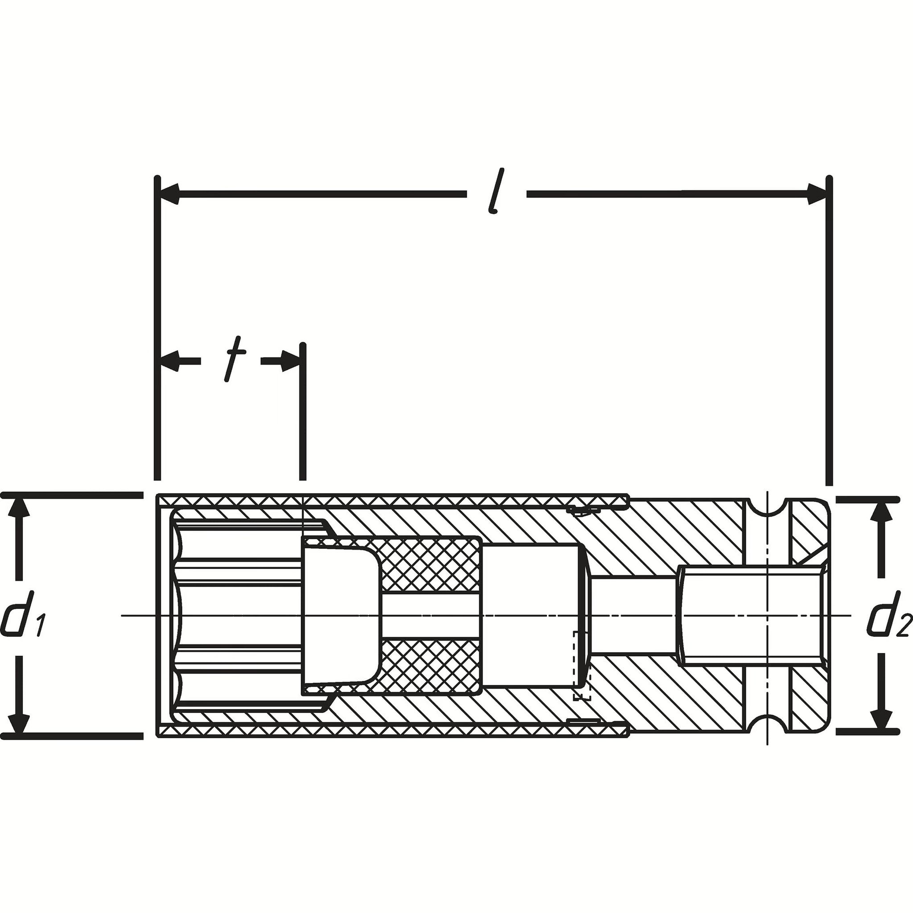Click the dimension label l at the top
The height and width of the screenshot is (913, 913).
pyautogui.click(x=495, y=192)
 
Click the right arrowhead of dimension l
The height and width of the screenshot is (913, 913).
pyautogui.click(x=817, y=194)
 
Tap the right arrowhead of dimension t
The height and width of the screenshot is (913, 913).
pyautogui.click(x=290, y=362)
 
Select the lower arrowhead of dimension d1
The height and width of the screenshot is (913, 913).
pyautogui.click(x=19, y=719)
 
